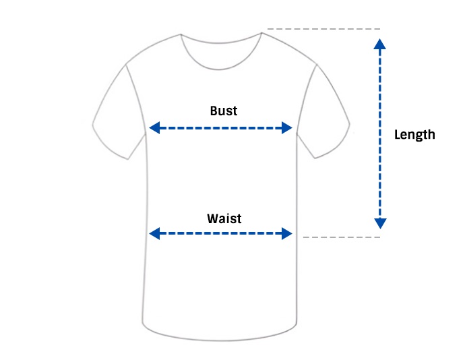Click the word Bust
pyautogui.click(x=224, y=111)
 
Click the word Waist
pyautogui.click(x=224, y=218)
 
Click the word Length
pyautogui.click(x=414, y=134)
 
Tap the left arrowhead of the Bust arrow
pyautogui.click(x=154, y=127)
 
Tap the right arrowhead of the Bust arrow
pyautogui.click(x=287, y=127)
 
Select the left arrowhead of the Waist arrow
pyautogui.click(x=154, y=233)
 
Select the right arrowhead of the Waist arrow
pyautogui.click(x=287, y=233)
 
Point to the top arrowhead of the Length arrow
pyautogui.click(x=380, y=44)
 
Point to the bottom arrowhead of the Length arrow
pyautogui.click(x=380, y=223)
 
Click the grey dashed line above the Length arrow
pyautogui.click(x=323, y=29)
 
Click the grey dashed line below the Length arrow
pyautogui.click(x=341, y=237)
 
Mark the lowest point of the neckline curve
pyautogui.click(x=220, y=69)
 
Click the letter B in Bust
pyautogui.click(x=214, y=111)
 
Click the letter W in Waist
pyautogui.click(x=213, y=218)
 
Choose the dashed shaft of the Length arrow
pyautogui.click(x=380, y=134)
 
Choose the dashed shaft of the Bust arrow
pyautogui.click(x=220, y=128)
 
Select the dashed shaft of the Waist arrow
pyautogui.click(x=220, y=233)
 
